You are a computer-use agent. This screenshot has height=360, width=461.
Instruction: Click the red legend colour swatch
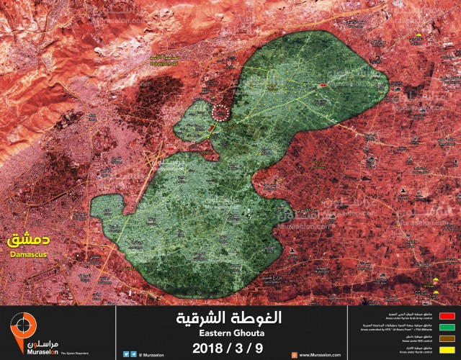coord(447,315)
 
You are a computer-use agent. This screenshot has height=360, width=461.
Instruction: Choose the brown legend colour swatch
coord(447,338)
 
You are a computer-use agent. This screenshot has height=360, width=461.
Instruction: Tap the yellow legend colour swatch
coord(447,348)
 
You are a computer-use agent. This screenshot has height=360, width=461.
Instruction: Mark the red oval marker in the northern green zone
coord(323,85)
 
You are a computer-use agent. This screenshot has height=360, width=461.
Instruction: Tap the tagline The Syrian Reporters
coord(64,352)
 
